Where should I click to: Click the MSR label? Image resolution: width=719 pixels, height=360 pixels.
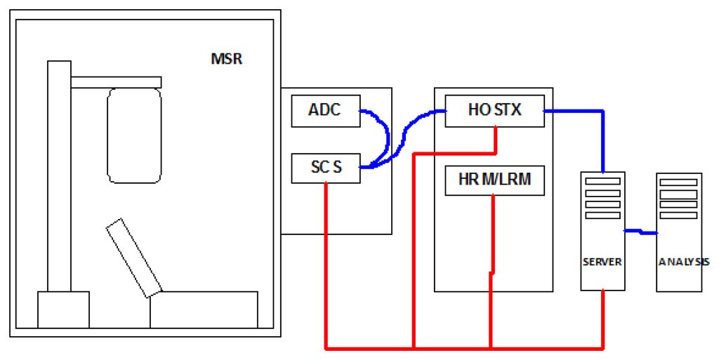226,58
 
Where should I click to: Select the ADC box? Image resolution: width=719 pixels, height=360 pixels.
326,111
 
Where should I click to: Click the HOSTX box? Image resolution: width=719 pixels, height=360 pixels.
494,110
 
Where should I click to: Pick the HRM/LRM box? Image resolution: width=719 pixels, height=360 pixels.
494,180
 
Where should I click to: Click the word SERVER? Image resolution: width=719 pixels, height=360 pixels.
602,262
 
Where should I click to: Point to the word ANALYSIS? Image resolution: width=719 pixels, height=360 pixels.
684,262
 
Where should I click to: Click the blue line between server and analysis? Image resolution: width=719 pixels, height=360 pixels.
640,231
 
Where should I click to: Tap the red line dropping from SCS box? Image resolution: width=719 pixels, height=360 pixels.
326,267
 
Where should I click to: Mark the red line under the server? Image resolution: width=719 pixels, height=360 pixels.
603,319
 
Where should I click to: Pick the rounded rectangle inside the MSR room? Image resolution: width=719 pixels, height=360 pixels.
134,135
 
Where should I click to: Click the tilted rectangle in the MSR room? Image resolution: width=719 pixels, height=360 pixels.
134,258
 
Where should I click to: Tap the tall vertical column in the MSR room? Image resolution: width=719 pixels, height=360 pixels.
59,175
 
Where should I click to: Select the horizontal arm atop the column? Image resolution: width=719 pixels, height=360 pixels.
116,82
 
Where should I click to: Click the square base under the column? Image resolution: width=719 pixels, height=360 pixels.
63,309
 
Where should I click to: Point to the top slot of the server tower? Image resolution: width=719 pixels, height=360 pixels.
602,181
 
